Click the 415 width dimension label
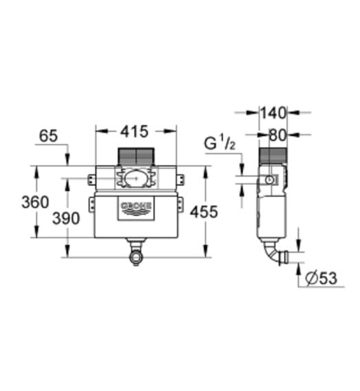135,132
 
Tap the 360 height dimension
35,202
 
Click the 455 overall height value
201,212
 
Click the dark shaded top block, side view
273,156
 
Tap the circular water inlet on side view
270,180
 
